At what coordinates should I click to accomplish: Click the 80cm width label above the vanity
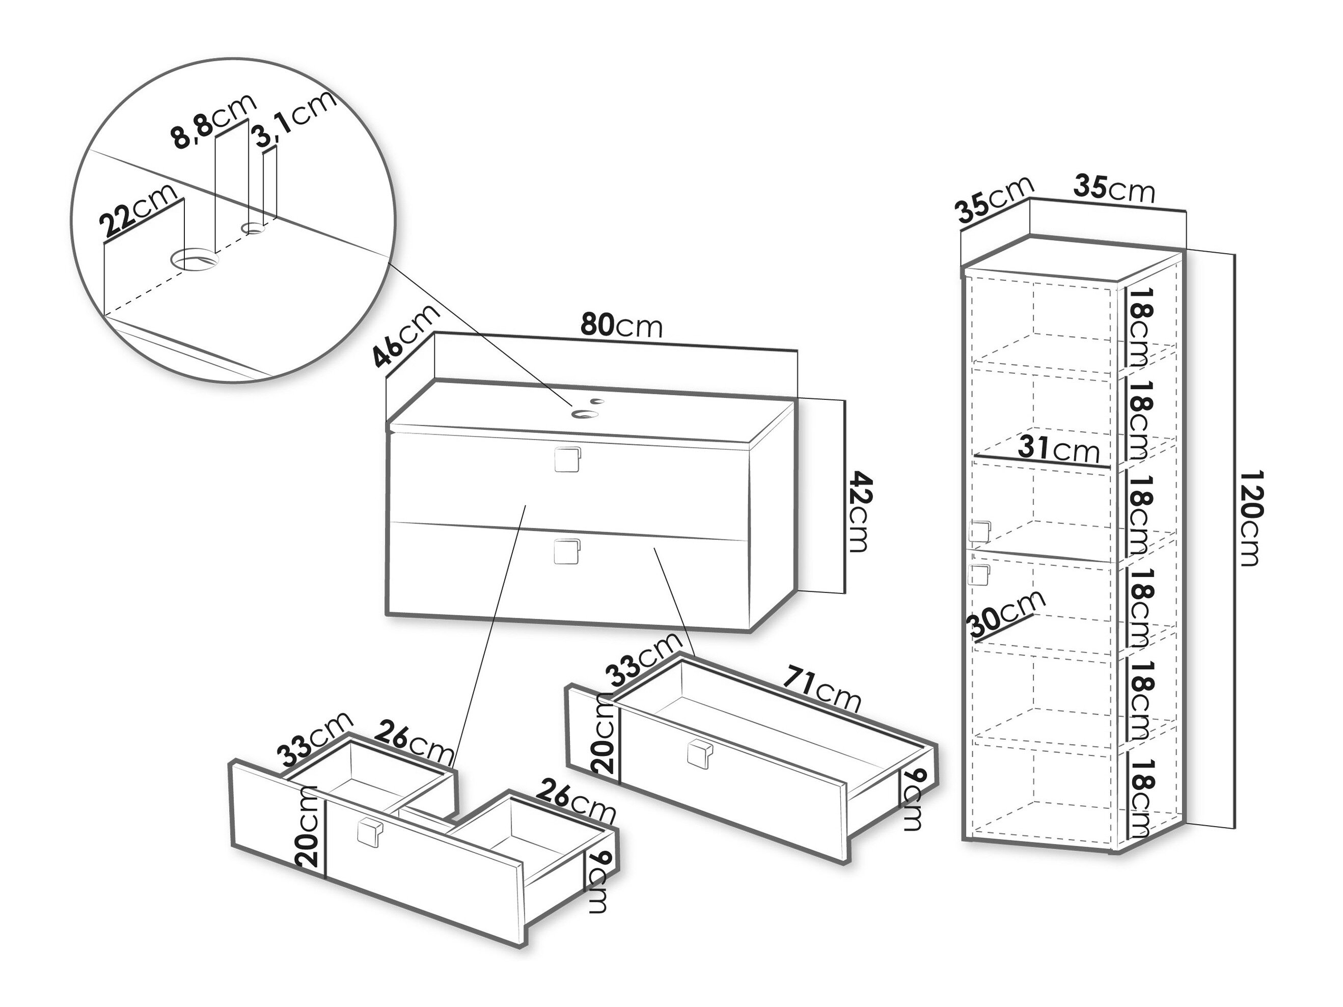pos(621,326)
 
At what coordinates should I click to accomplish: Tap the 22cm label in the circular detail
pos(139,210)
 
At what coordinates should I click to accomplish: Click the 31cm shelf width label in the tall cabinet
pos(1059,449)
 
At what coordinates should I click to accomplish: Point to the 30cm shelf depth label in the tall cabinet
pos(1007,615)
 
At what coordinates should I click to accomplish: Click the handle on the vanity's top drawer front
pos(568,459)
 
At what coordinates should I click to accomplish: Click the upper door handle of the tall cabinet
pos(979,533)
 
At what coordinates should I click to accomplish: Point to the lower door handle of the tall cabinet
pos(979,575)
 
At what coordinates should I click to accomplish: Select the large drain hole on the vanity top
pos(585,414)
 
